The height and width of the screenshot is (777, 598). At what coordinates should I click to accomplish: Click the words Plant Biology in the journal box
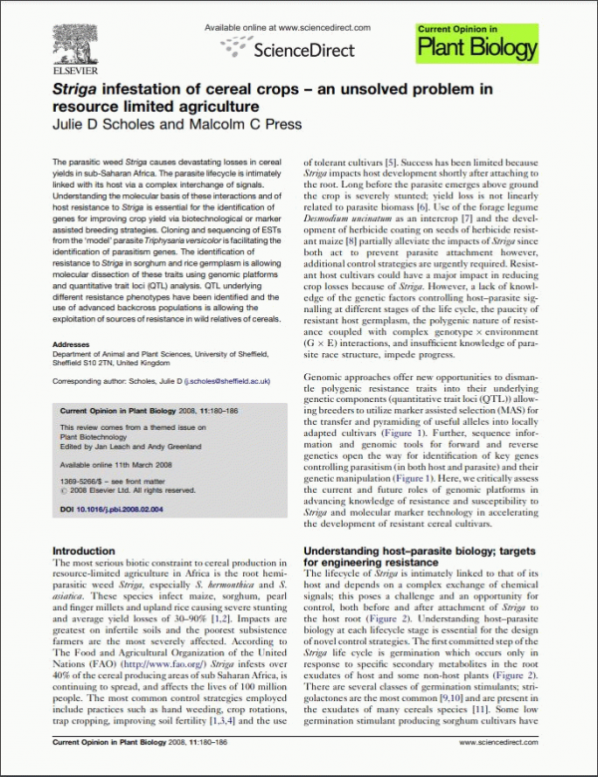pos(482,48)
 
